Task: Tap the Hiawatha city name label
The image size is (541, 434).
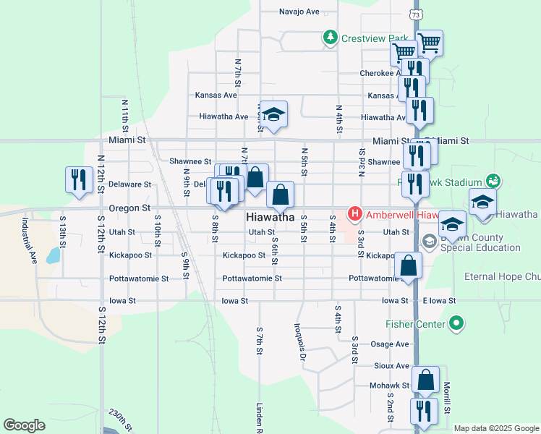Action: pyautogui.click(x=270, y=217)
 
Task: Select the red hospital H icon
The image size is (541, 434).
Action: pyautogui.click(x=355, y=213)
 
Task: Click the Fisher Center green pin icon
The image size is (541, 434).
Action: pyautogui.click(x=456, y=323)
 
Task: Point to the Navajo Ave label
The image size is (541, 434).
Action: pyautogui.click(x=299, y=12)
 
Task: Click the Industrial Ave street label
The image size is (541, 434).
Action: pyautogui.click(x=30, y=241)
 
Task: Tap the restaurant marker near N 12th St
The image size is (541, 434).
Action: pyautogui.click(x=77, y=179)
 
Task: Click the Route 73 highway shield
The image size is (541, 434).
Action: pyautogui.click(x=414, y=14)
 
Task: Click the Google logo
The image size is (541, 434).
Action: pyautogui.click(x=24, y=425)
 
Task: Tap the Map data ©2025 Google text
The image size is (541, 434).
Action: pyautogui.click(x=495, y=428)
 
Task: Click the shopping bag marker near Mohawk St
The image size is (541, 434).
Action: pyautogui.click(x=427, y=379)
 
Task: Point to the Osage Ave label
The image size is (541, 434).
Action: pyautogui.click(x=390, y=344)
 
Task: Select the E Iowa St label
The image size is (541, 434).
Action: pyautogui.click(x=439, y=301)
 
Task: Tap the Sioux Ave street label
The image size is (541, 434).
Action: pyautogui.click(x=391, y=366)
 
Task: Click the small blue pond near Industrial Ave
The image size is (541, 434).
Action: pyautogui.click(x=53, y=255)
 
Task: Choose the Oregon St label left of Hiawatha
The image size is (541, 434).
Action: pyautogui.click(x=129, y=208)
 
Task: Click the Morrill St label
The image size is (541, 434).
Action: pyautogui.click(x=448, y=398)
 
